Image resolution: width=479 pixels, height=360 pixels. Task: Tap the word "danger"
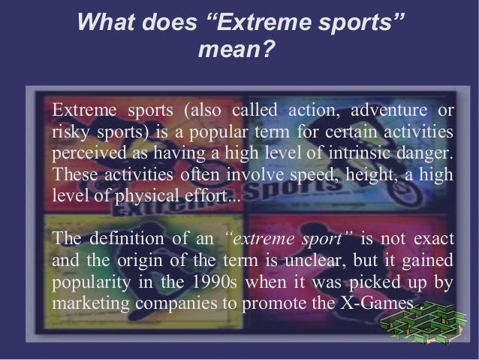(426, 155)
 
